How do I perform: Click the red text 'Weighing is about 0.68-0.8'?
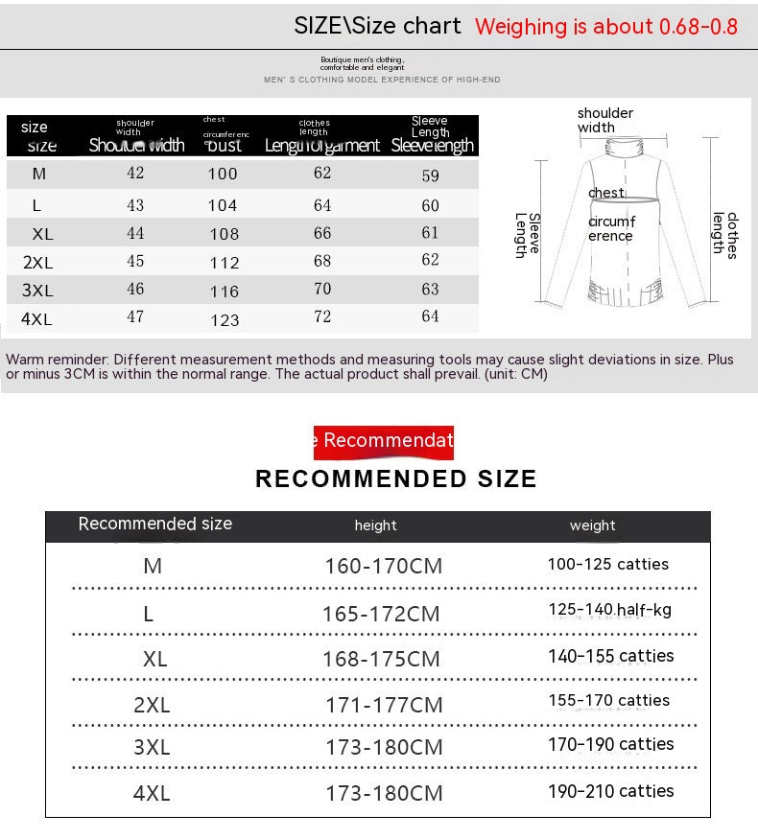tap(606, 27)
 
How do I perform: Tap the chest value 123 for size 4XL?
tap(225, 320)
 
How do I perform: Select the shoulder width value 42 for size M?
tap(135, 174)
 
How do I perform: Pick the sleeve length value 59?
tap(430, 176)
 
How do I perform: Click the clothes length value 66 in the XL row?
tap(322, 233)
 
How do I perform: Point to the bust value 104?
tap(223, 205)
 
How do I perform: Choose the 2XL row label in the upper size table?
tap(37, 262)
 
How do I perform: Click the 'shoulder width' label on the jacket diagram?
tap(604, 120)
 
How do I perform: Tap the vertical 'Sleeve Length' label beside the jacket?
tap(528, 235)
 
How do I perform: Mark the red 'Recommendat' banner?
tap(384, 441)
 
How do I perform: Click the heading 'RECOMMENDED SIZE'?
tap(396, 479)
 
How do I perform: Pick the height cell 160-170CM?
tap(384, 566)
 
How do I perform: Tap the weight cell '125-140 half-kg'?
tap(610, 610)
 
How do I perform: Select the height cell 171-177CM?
tap(384, 706)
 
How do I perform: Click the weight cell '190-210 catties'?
tap(611, 791)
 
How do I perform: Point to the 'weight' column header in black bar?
tap(592, 525)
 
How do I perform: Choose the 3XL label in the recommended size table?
tap(152, 748)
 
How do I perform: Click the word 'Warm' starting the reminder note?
tap(24, 360)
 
